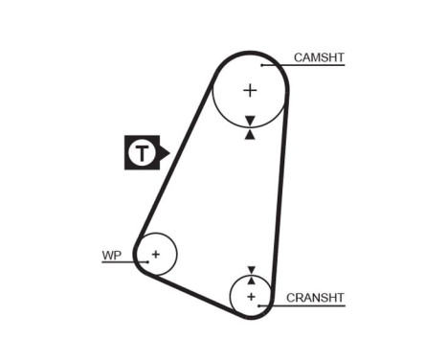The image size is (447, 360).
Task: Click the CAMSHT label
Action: pos(319,57)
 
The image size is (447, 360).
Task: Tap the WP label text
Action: pos(112,255)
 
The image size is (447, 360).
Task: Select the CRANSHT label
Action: pos(314,298)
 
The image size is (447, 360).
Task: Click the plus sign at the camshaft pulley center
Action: pos(250,91)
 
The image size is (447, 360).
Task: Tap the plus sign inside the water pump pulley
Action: pos(156,254)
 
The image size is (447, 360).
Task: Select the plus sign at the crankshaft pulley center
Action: pos(252,297)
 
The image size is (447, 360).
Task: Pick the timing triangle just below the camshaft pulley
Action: pos(250,134)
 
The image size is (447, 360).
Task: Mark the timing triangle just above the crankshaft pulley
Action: pos(252,269)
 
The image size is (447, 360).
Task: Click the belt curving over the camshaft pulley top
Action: pos(250,55)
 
